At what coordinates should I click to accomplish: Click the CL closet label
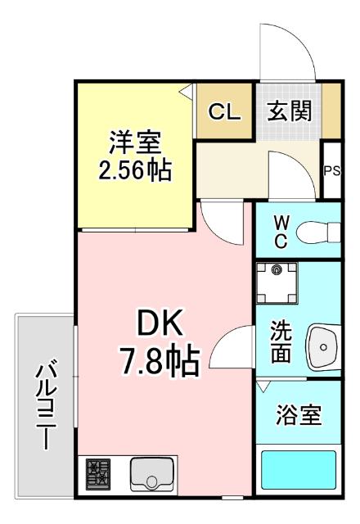point(224,112)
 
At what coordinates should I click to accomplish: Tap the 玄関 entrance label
point(290,111)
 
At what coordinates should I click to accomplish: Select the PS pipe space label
point(331,171)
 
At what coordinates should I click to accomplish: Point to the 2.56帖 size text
point(136,172)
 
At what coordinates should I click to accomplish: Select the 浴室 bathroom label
point(297,417)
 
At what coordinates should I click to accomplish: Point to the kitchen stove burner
point(100,473)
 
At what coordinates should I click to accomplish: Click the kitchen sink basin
point(153,473)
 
